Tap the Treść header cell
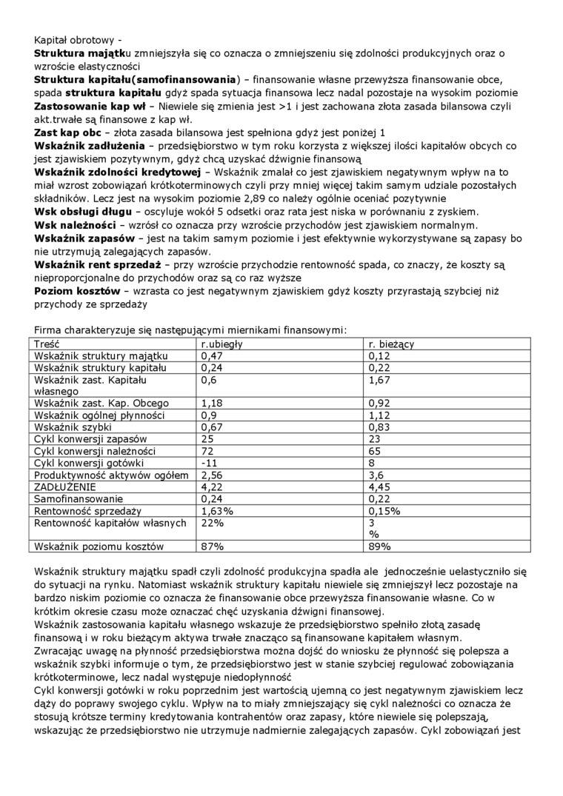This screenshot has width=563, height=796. pyautogui.click(x=47, y=344)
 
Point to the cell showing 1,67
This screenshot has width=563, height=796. pyautogui.click(x=379, y=380)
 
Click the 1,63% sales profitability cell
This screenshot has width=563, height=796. pyautogui.click(x=217, y=510)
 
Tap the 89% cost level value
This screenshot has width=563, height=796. pyautogui.click(x=379, y=546)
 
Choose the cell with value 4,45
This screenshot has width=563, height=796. pyautogui.click(x=379, y=486)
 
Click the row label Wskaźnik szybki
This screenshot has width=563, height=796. pyautogui.click(x=73, y=427)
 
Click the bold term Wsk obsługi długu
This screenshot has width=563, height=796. pyautogui.click(x=81, y=211)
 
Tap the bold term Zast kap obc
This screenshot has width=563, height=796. pyautogui.click(x=67, y=132)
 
